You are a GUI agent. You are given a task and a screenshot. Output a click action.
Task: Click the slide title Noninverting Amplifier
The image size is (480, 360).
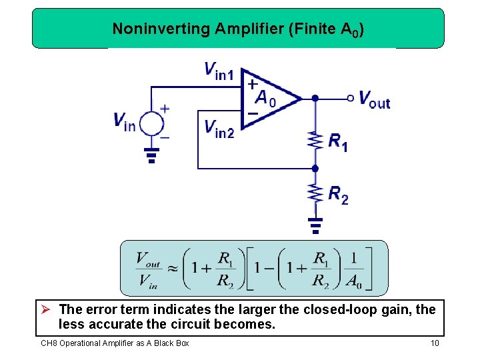coord(237,29)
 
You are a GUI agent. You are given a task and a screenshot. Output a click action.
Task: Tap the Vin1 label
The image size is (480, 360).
coord(219,70)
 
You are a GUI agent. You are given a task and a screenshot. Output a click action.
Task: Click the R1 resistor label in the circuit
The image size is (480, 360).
coord(337,141)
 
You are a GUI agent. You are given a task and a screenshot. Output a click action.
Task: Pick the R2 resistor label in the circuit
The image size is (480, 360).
coord(338,195)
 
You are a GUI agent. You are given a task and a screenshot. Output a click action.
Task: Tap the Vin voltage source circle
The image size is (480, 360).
coord(151,124)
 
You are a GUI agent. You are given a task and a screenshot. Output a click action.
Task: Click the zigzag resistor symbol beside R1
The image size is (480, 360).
coord(315,141)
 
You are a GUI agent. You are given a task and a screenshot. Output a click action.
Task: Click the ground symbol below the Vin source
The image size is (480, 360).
coord(151,156)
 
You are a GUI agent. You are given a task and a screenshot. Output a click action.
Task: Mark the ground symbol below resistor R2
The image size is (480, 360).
coord(315,225)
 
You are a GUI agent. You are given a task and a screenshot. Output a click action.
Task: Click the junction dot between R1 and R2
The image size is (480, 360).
coord(315,169)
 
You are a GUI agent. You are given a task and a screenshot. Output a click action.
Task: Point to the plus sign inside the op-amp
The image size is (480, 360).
coord(253,85)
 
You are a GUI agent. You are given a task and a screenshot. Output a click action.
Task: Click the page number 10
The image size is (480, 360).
coord(435,343)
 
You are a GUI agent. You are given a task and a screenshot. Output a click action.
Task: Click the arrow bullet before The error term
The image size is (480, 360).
coord(46,309)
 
